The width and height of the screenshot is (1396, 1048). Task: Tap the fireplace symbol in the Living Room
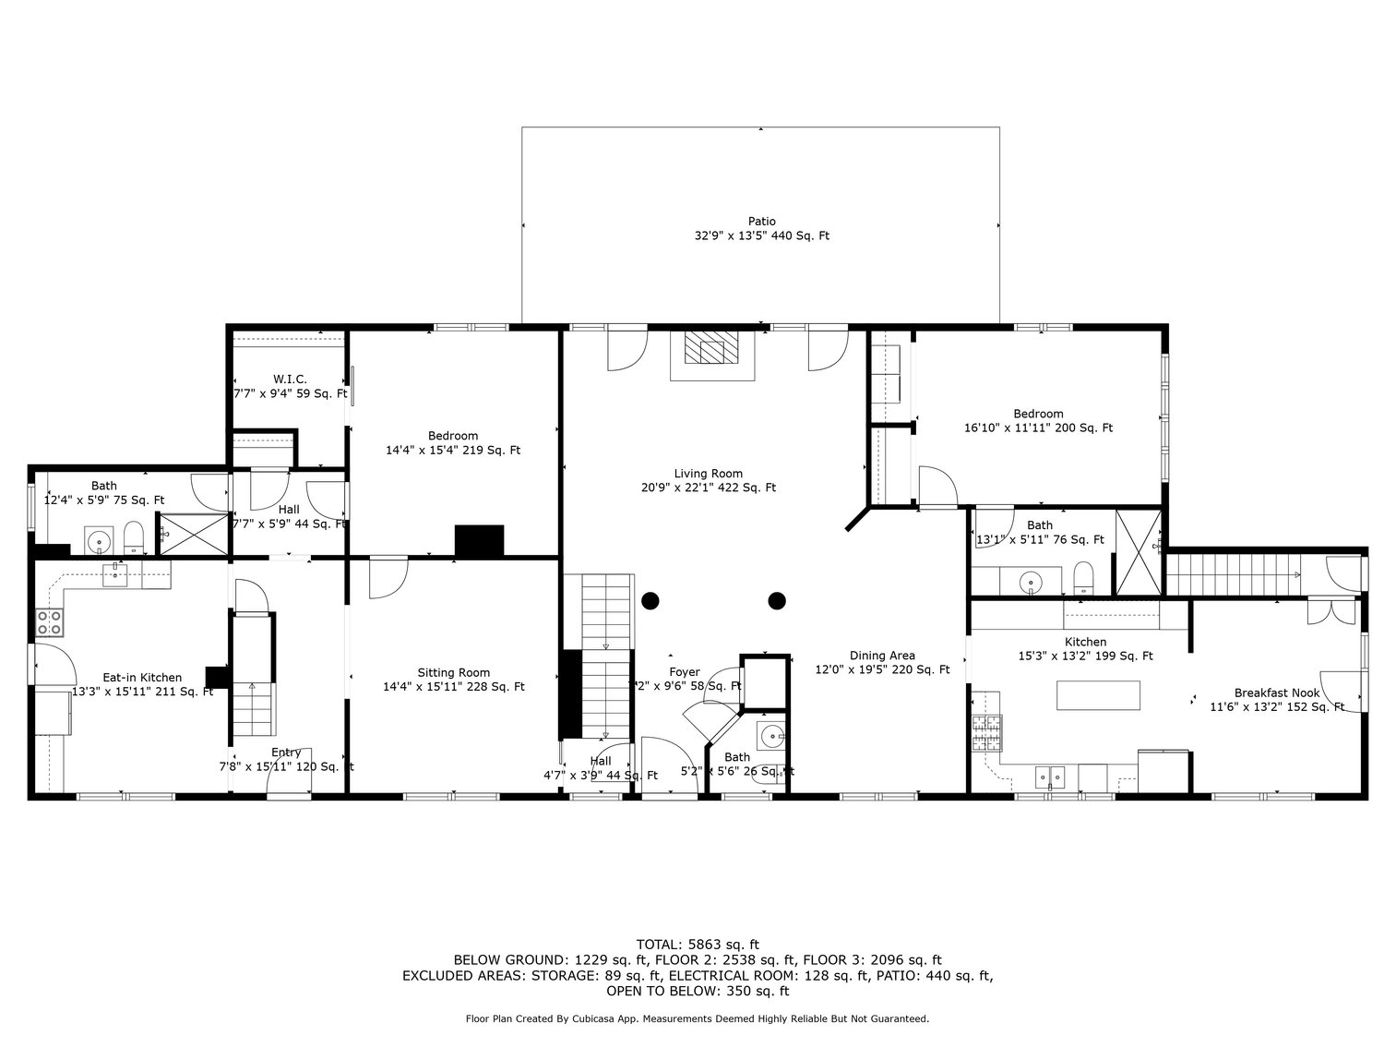click(x=711, y=351)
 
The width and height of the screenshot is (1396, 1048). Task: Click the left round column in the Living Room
click(x=650, y=601)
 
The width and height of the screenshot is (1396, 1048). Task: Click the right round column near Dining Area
click(x=777, y=601)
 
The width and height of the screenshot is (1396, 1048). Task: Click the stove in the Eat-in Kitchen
click(x=49, y=622)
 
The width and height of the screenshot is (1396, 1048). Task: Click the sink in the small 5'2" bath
click(x=770, y=737)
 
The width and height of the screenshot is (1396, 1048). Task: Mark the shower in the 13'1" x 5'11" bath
click(x=1139, y=552)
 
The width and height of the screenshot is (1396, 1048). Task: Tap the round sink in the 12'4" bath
click(x=98, y=538)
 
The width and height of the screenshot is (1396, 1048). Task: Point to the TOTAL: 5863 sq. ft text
click(x=698, y=944)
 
